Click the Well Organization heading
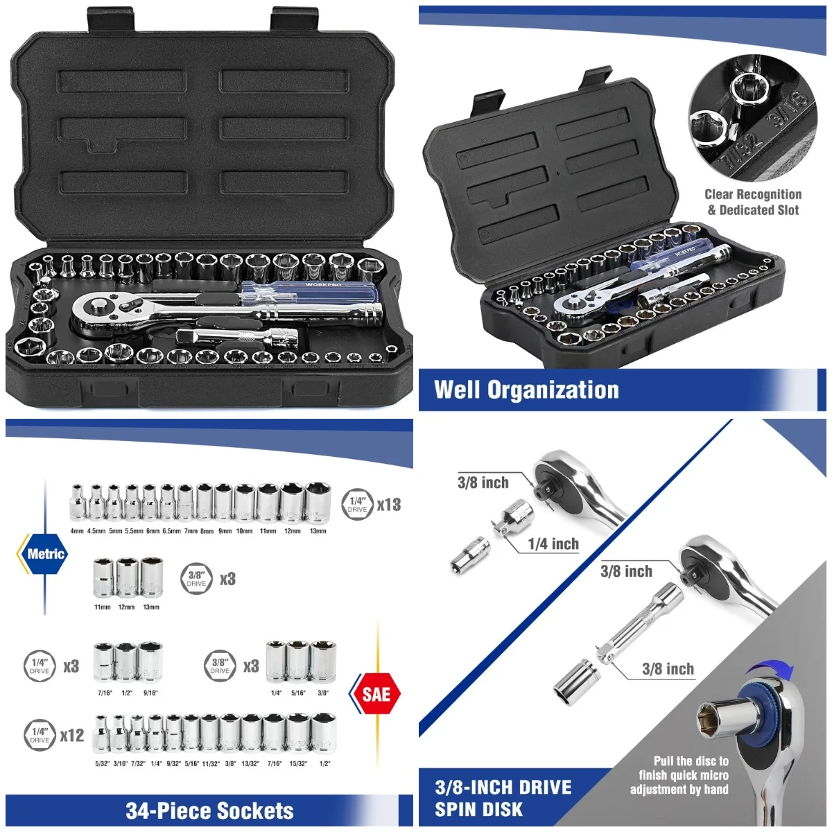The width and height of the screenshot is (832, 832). (x=526, y=390)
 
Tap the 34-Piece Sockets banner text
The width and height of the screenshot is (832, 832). (x=209, y=811)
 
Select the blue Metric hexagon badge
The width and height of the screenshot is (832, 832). (x=45, y=554)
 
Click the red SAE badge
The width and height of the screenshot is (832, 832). (x=376, y=694)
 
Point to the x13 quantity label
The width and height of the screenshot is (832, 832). (x=389, y=505)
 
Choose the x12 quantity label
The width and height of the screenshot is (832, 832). (x=71, y=736)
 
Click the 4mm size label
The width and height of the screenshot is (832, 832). (x=76, y=531)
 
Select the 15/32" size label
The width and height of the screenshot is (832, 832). (x=298, y=763)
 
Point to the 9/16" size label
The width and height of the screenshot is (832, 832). (x=150, y=693)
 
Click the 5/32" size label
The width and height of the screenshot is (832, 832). (x=102, y=763)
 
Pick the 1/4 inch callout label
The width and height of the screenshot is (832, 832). (x=553, y=544)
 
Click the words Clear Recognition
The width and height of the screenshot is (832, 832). (x=752, y=195)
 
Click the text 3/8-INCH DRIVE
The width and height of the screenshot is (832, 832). (x=503, y=788)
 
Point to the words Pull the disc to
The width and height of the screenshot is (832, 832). (x=691, y=761)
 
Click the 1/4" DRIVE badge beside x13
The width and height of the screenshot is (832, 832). (x=357, y=504)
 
